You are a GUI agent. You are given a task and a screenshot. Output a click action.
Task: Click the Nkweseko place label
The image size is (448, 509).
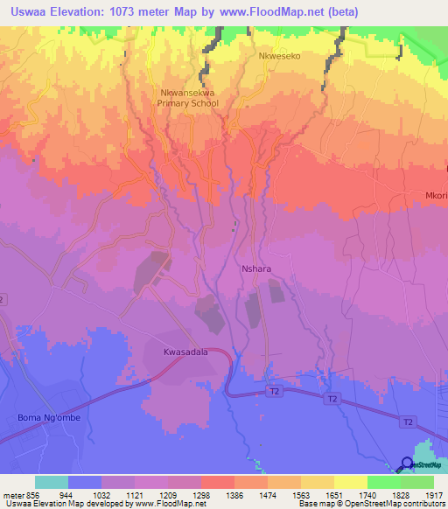(279, 55)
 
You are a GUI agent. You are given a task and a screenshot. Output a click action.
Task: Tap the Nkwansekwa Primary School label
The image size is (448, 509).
(185, 97)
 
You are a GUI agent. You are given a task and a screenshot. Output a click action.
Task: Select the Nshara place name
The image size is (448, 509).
(255, 270)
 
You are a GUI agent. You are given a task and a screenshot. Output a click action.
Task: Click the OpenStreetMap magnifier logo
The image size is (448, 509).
(407, 464)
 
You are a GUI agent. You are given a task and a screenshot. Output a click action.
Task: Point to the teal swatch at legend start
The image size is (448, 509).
(51, 482)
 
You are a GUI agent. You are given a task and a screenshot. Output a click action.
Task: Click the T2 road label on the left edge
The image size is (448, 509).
(3, 299)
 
